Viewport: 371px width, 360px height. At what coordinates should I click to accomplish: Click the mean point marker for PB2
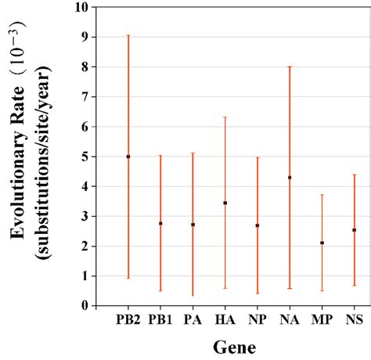coord(128,157)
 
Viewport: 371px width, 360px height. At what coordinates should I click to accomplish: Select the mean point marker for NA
coord(290,178)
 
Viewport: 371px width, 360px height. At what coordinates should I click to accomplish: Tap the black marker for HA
coord(225,203)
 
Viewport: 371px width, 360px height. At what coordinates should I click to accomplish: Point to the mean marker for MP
coord(322,243)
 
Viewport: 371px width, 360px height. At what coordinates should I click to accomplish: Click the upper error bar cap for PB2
coord(128,35)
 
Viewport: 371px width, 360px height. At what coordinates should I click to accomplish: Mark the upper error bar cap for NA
coord(290,67)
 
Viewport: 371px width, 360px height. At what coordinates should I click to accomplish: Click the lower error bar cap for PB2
coord(128,278)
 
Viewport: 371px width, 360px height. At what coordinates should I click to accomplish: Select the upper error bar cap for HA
coord(225,117)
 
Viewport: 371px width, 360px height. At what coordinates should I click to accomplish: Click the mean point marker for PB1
coord(160,223)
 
